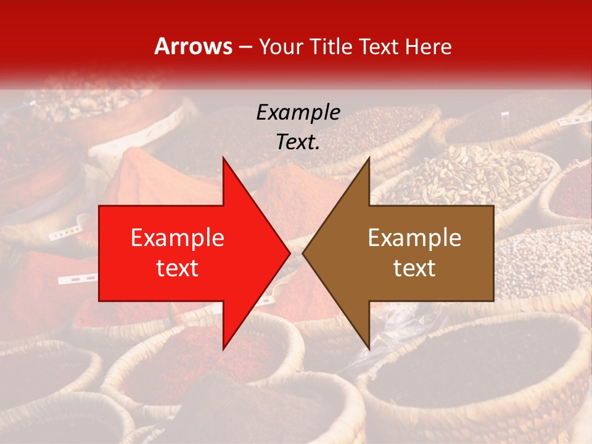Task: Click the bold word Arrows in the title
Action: coord(193,47)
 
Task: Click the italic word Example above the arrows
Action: coord(298,112)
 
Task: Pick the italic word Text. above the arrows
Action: coord(298,142)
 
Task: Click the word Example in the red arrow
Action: coord(178,238)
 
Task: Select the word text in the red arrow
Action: coord(178,268)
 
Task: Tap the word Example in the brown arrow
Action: coord(414,238)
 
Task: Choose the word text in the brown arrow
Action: coord(414,268)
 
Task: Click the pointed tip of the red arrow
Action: coord(290,253)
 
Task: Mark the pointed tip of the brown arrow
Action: coord(303,253)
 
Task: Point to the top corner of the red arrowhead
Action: coord(223,157)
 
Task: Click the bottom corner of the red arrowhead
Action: coord(223,349)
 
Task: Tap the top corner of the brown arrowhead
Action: coord(369,157)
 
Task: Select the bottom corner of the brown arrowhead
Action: coord(369,349)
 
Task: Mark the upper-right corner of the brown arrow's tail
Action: coord(493,206)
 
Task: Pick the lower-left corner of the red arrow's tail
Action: coord(99,301)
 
